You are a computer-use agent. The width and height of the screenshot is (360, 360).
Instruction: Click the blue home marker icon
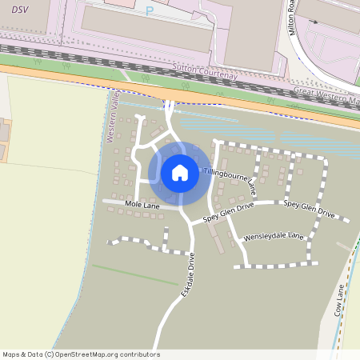pyautogui.click(x=180, y=172)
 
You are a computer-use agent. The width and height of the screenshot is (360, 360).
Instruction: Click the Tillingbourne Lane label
pyautogui.click(x=230, y=178)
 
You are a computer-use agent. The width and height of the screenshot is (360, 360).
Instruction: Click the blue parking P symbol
pyautogui.click(x=149, y=11)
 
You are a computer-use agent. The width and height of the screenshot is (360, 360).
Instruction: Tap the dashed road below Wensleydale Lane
pyautogui.click(x=276, y=265)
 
